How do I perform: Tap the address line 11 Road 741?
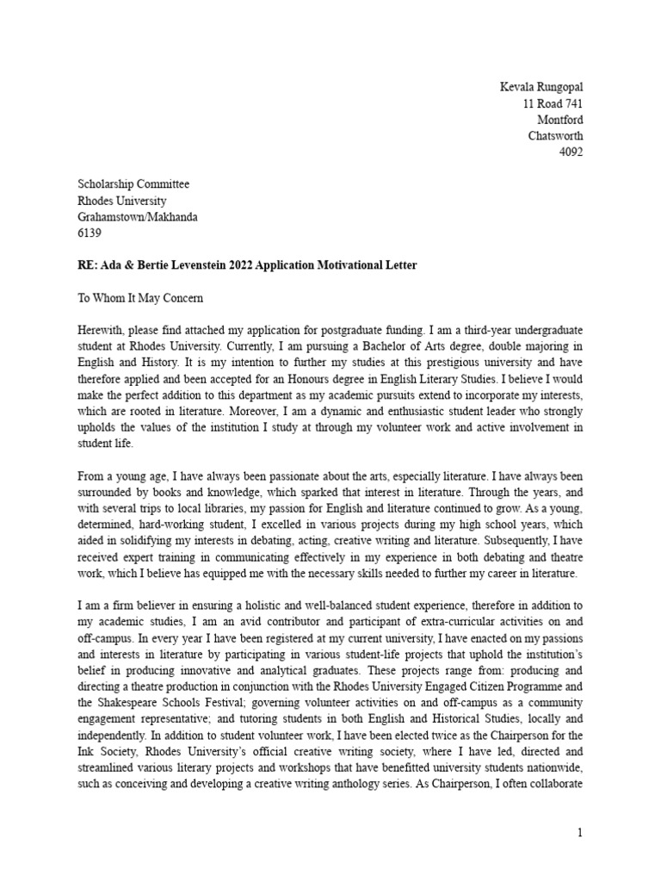[x=553, y=103]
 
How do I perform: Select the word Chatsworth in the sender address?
[x=555, y=136]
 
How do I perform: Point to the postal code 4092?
[x=571, y=152]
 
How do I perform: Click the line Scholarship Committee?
[x=133, y=184]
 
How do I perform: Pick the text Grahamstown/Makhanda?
[x=138, y=217]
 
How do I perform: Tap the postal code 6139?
[x=90, y=233]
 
